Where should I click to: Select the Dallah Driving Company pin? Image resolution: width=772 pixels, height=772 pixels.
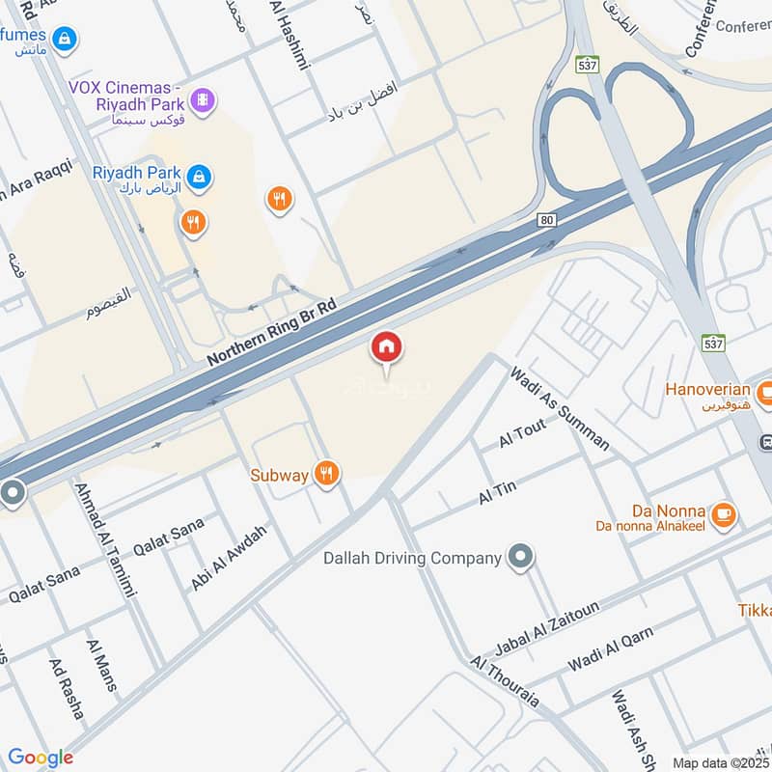(x=521, y=557)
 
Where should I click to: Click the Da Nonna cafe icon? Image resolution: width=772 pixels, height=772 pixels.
(x=723, y=515)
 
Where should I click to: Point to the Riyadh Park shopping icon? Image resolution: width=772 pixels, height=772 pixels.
(x=200, y=178)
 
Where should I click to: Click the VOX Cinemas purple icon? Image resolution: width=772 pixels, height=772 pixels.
(x=202, y=98)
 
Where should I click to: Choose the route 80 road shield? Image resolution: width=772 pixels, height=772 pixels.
(x=547, y=221)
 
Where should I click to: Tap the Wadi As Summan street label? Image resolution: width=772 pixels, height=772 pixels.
(x=560, y=408)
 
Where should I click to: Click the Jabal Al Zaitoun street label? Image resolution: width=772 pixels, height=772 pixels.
(x=547, y=626)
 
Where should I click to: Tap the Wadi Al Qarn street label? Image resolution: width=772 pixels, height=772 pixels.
(x=610, y=649)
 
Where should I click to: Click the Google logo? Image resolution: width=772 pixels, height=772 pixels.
(x=41, y=758)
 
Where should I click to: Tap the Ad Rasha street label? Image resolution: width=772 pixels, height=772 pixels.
(x=66, y=689)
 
